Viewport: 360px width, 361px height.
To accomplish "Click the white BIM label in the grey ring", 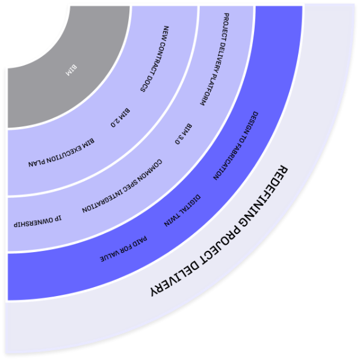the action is (71, 70).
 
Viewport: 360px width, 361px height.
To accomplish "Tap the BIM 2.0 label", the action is (120, 118).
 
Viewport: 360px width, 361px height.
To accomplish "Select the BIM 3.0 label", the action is (184, 134).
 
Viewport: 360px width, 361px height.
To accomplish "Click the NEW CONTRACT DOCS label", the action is (155, 59).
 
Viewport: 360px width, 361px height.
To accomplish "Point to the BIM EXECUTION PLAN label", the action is (61, 153).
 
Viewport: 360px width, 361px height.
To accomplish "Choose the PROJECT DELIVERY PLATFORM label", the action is (215, 59).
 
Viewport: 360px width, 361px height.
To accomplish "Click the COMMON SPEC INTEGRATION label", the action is (122, 186).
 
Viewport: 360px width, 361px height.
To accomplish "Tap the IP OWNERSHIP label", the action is (37, 221).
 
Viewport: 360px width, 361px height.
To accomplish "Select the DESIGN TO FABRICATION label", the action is (235, 146).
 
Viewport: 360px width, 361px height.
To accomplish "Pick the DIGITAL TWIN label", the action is (182, 211).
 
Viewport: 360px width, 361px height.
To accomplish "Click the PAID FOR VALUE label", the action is (123, 249).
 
